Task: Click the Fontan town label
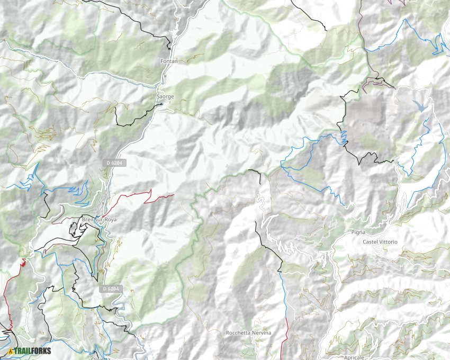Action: coord(169,61)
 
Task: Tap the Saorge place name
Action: coord(165,97)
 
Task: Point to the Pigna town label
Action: coord(358,232)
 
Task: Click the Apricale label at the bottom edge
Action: coord(354,357)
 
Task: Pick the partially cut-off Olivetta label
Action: coord(101,358)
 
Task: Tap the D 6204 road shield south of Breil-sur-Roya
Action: coord(112,289)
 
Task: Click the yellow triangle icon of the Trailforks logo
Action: coord(11,350)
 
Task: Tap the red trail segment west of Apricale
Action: coord(284,339)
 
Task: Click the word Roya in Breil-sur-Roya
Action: coord(109,219)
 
